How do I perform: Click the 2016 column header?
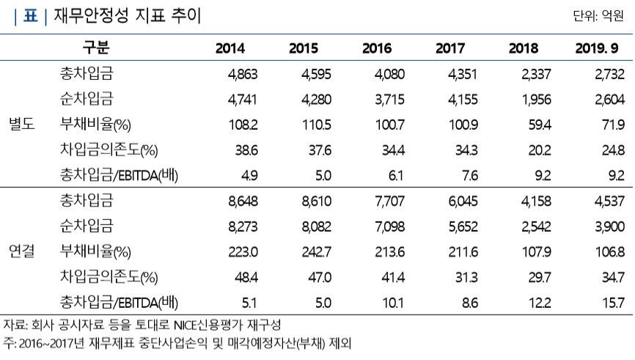tap(377, 49)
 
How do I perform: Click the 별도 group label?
tap(21, 123)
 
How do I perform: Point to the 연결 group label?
tap(21, 250)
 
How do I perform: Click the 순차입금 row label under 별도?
tap(87, 98)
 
